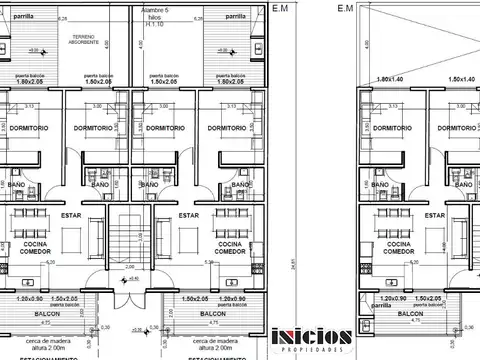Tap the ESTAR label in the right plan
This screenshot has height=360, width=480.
[x=409, y=213]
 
